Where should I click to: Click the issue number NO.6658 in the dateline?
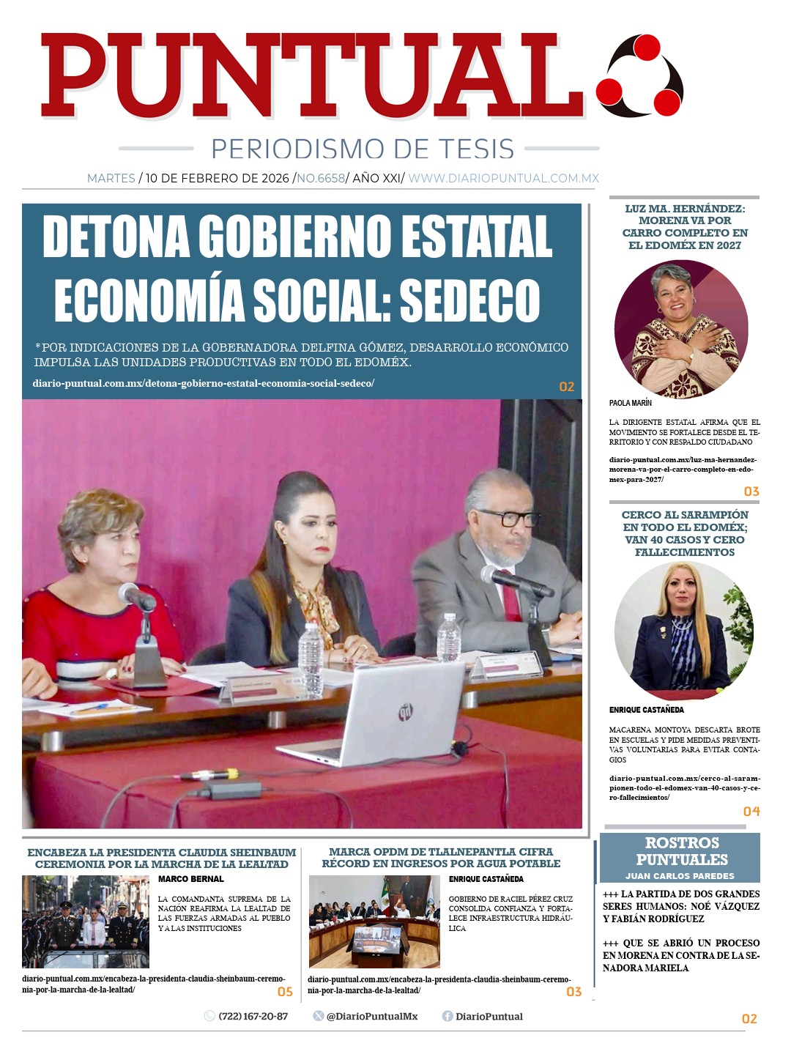tap(321, 178)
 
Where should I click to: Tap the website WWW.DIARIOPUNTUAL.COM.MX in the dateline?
tap(503, 178)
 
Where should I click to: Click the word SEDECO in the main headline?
tap(469, 301)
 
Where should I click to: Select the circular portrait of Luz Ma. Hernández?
tap(681, 330)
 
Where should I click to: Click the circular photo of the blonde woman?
tap(683, 630)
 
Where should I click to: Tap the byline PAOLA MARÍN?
tap(630, 403)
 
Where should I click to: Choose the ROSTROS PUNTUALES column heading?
tap(681, 851)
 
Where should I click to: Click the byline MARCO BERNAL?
tap(191, 879)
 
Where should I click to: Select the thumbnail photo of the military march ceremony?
tap(86, 921)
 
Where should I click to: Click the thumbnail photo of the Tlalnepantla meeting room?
tap(374, 921)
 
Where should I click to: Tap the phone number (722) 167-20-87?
tap(253, 1016)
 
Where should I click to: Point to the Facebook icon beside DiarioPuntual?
tap(447, 1016)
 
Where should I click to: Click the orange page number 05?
tap(285, 992)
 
